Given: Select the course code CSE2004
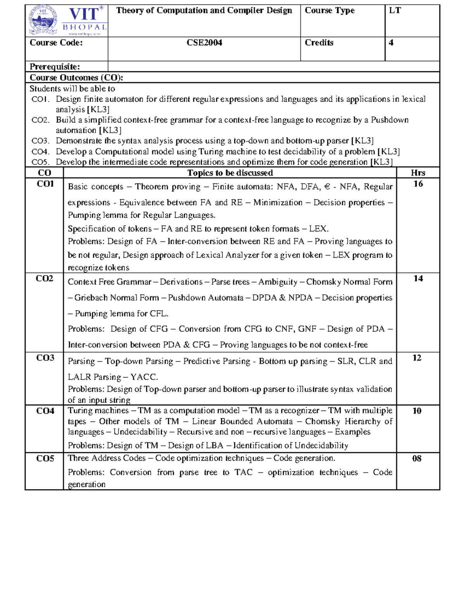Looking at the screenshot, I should [204, 43].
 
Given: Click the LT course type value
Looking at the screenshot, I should [395, 10].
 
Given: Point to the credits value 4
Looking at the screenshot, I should [391, 43].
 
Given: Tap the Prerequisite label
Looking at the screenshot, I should [55, 67].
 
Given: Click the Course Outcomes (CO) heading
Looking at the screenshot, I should [76, 78].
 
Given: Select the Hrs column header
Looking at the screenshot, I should [418, 173].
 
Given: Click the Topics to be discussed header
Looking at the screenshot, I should [230, 173].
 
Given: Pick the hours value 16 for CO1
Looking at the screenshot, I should [418, 184].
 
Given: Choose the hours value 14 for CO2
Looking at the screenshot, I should [418, 278].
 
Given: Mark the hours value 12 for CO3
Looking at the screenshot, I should [417, 358].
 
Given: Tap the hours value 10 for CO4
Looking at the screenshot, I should [417, 411].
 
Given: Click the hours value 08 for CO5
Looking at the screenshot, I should [417, 459].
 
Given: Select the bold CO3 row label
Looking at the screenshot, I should [45, 358].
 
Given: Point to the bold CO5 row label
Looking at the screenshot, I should [45, 459].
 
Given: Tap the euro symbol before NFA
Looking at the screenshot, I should [327, 187].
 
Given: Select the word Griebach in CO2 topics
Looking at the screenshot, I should [91, 298].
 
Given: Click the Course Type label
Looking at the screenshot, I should [329, 10].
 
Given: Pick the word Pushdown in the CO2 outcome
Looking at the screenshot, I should [389, 120].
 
